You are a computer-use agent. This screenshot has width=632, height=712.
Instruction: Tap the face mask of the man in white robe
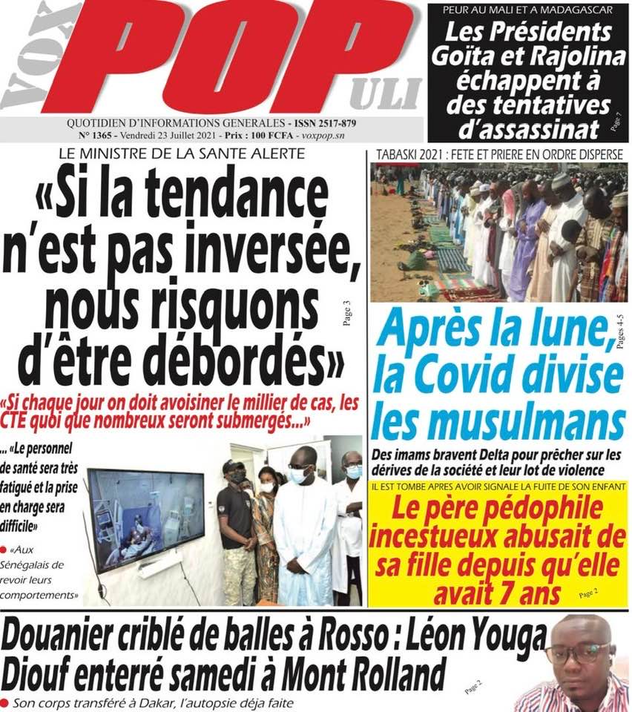297,475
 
